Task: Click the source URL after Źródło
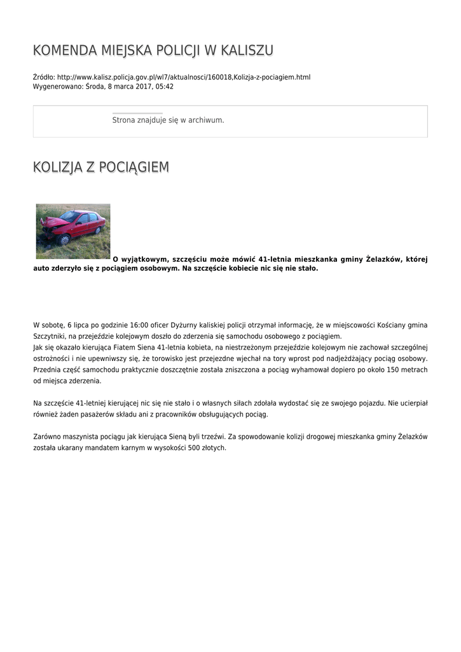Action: [x=184, y=77]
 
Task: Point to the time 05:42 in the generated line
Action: [x=165, y=87]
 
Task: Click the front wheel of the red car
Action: [x=64, y=240]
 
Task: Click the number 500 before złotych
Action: [x=195, y=448]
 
